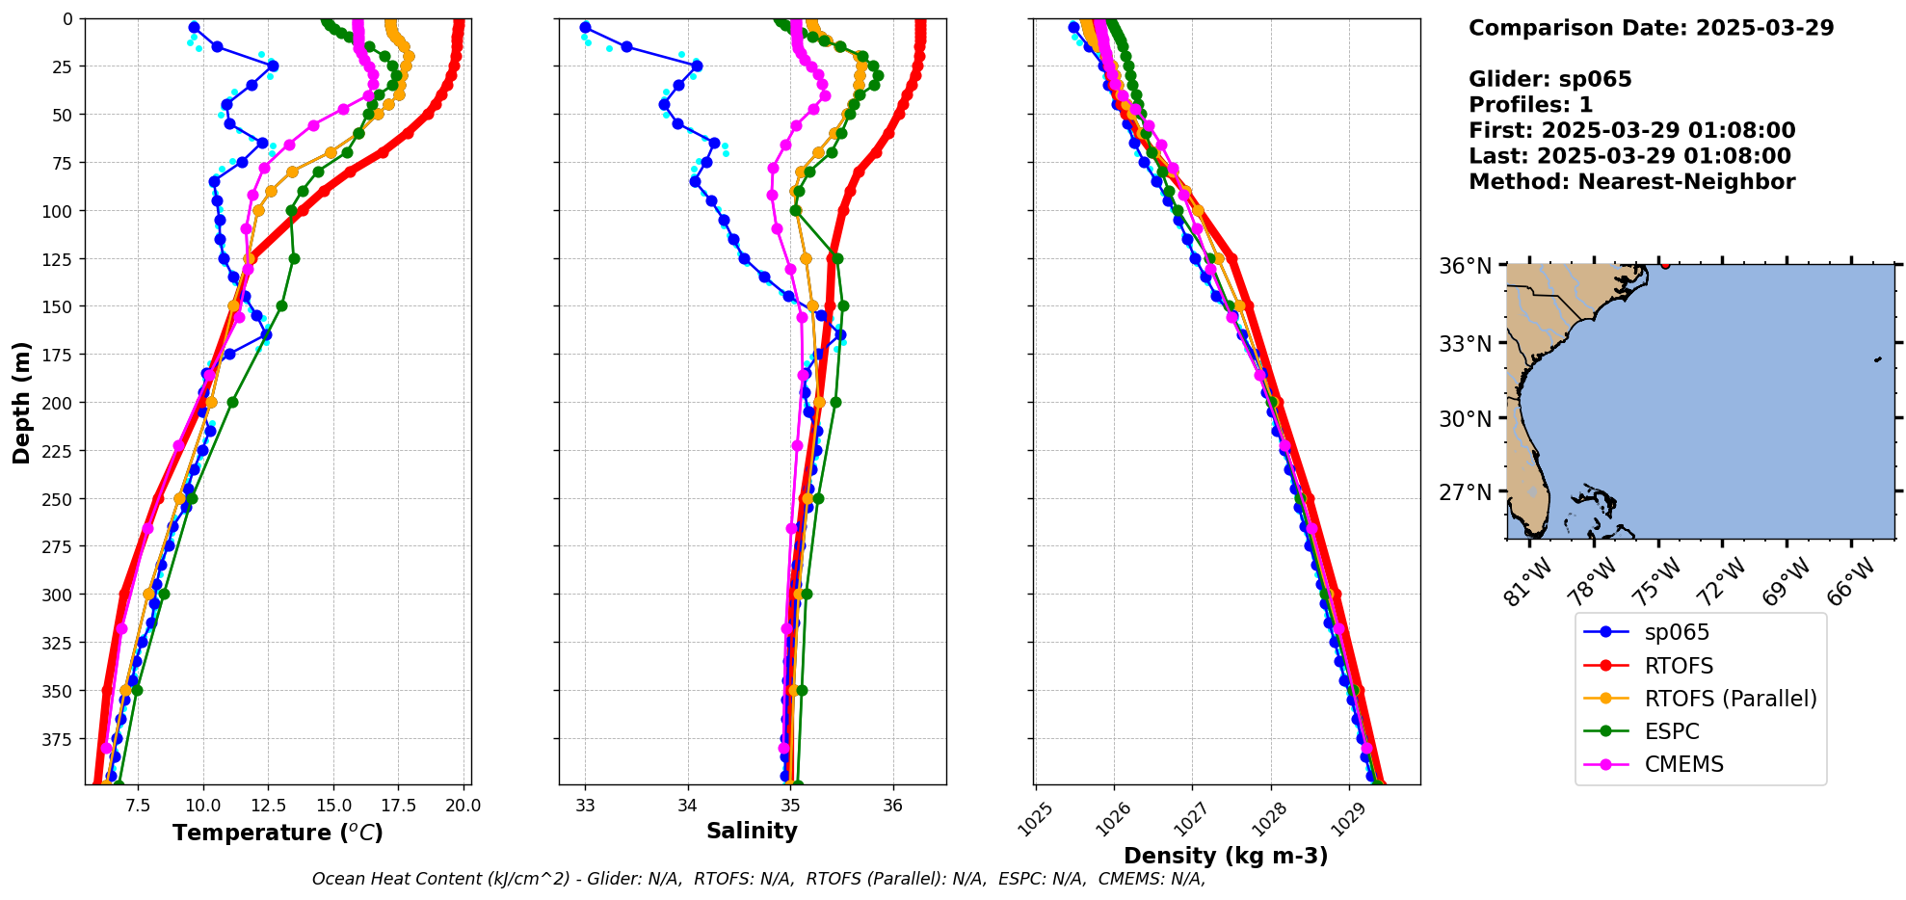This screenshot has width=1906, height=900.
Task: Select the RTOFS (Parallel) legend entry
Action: point(1730,699)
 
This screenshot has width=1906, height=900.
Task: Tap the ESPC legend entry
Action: point(1671,731)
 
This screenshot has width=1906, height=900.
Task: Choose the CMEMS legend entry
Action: point(1682,764)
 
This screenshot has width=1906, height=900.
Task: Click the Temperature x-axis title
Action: point(278,833)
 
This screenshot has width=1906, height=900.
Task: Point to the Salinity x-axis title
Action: point(752,832)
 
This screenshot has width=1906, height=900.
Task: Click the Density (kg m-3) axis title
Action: point(1226,856)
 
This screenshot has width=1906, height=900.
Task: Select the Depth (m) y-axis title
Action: point(21,402)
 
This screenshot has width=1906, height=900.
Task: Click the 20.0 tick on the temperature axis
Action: point(463,806)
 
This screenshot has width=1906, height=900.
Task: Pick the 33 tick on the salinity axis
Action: point(585,806)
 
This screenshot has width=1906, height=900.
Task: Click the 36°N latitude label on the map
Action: point(1465,266)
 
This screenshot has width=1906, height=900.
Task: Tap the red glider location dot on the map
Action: point(1665,264)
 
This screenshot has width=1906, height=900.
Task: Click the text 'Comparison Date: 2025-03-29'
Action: point(1651,28)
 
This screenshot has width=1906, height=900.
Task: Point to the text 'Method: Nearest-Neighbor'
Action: point(1631,182)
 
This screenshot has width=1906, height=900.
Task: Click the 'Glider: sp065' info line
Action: point(1549,79)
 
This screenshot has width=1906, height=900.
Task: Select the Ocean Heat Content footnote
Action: point(758,879)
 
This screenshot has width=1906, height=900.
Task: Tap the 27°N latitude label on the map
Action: point(1465,492)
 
